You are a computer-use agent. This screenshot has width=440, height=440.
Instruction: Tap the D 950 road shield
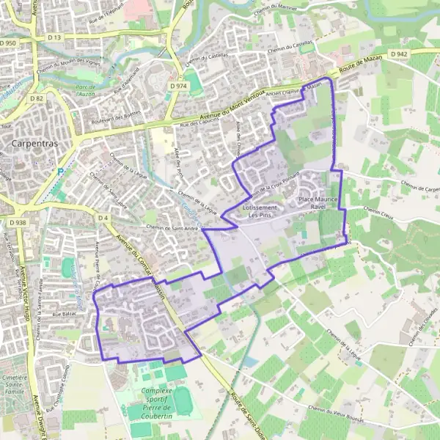[x=8, y=44]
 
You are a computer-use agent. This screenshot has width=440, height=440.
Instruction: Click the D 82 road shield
[x=38, y=98]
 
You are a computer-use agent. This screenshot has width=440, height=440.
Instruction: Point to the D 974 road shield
[x=177, y=87]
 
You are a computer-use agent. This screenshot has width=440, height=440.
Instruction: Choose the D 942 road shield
[x=399, y=54]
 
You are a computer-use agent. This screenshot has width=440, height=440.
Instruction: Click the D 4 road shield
[x=103, y=218]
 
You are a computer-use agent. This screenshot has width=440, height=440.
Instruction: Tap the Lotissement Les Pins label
[x=260, y=211]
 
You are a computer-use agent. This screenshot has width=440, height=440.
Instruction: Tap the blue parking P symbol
[x=62, y=170]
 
